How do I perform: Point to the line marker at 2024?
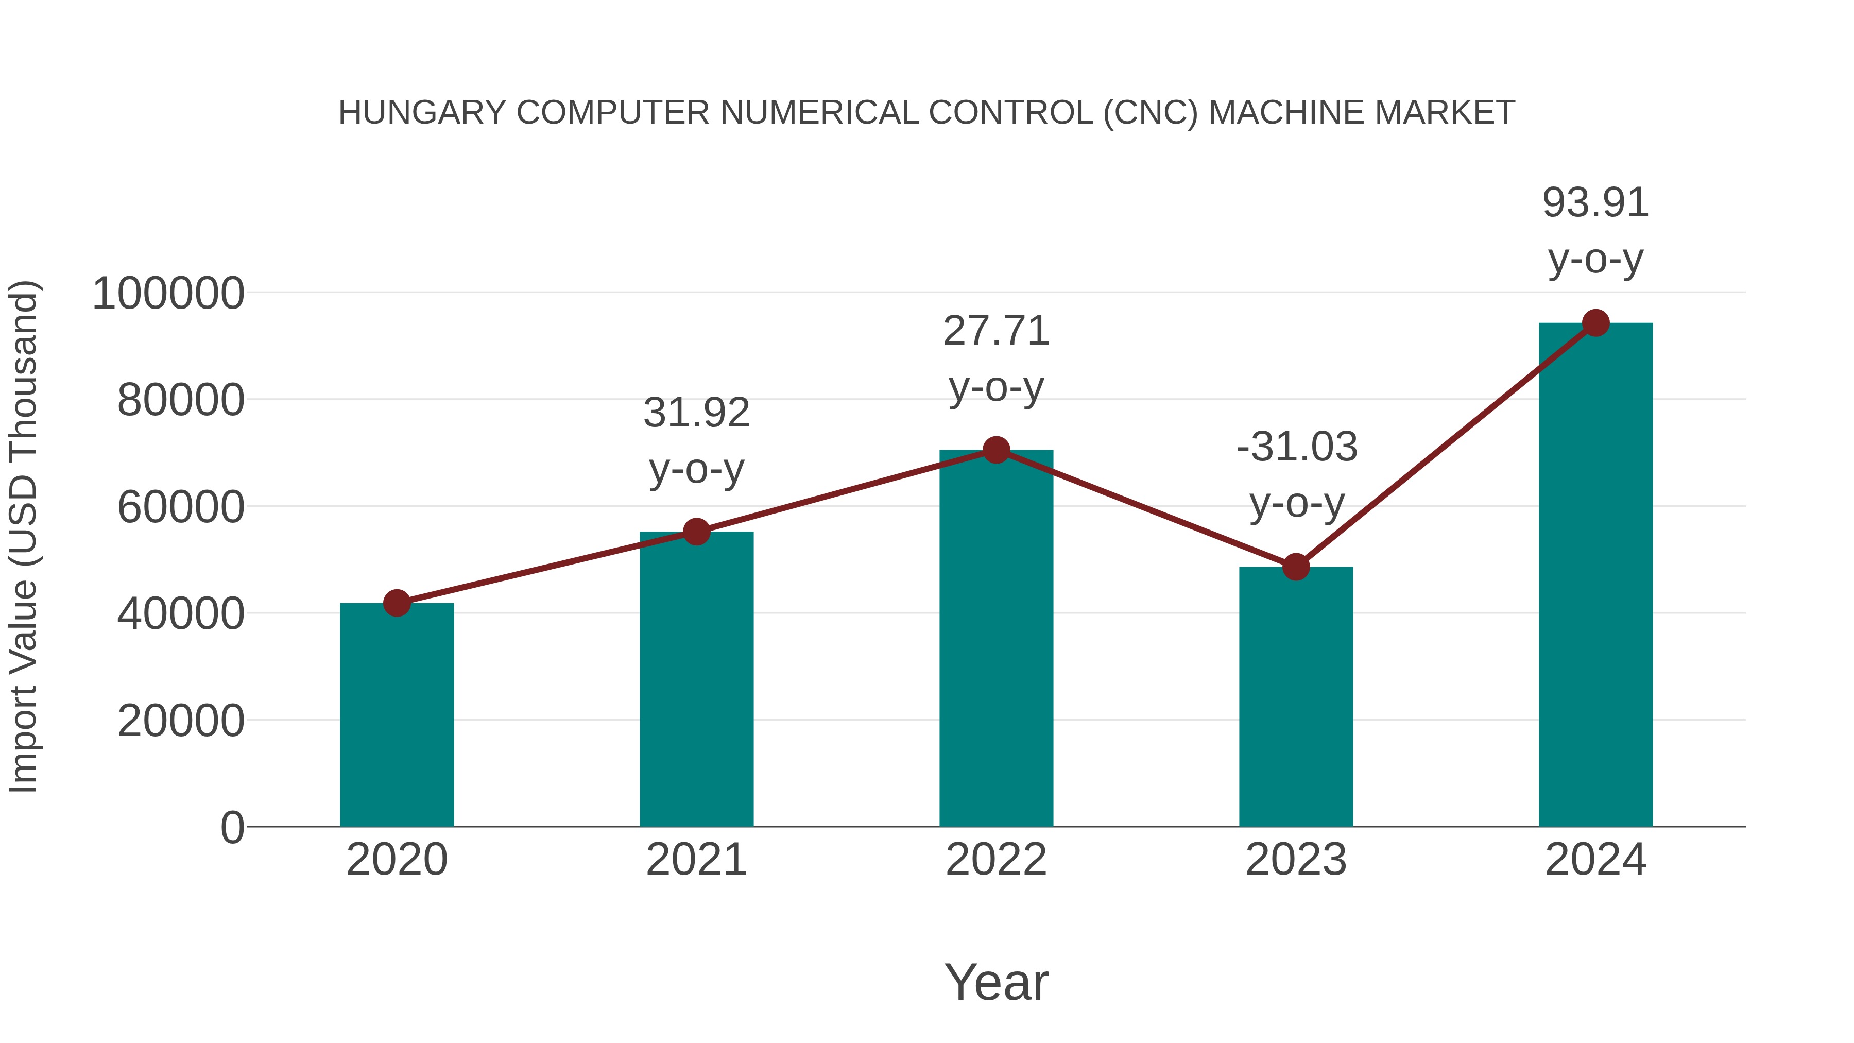(x=1595, y=323)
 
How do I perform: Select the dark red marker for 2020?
(x=397, y=603)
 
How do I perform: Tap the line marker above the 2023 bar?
(x=1296, y=567)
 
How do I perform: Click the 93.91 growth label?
(x=1595, y=203)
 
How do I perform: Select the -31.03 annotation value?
(x=1297, y=447)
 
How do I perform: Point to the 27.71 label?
(x=996, y=332)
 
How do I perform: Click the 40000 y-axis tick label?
(x=181, y=614)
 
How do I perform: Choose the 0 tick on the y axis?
(x=232, y=828)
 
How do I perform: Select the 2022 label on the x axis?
(x=996, y=860)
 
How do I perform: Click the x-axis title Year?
(x=996, y=982)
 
